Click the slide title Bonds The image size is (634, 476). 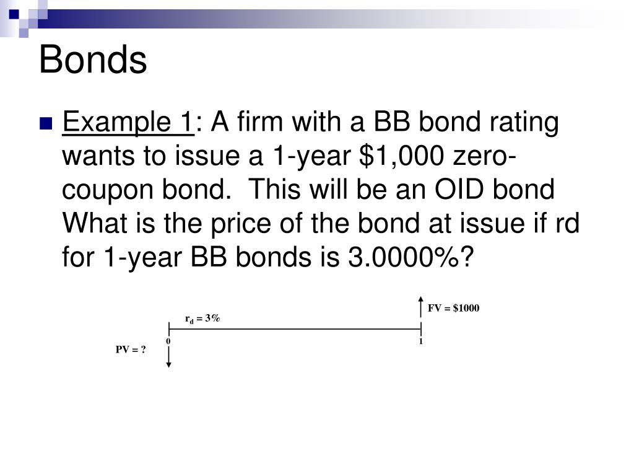(93, 60)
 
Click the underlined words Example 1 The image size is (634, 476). (128, 122)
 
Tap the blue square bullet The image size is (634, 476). (45, 123)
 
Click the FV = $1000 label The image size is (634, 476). (453, 309)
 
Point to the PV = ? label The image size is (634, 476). (131, 350)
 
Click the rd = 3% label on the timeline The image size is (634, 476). (202, 319)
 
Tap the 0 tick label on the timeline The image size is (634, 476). (168, 342)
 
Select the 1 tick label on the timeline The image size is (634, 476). (421, 342)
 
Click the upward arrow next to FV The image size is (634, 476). (421, 309)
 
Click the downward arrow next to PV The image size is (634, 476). (168, 356)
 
